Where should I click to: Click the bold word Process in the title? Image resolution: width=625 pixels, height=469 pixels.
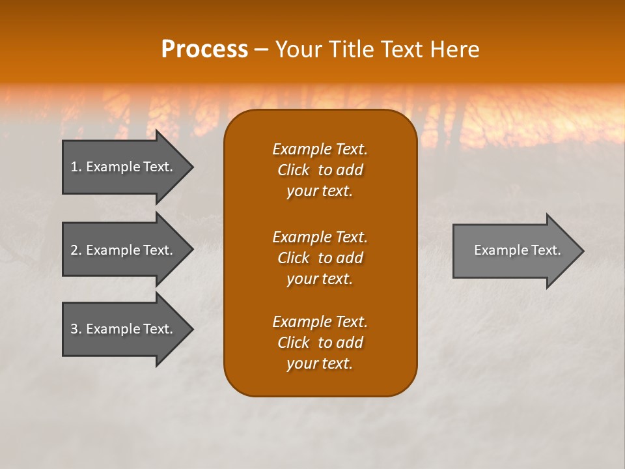click(x=204, y=50)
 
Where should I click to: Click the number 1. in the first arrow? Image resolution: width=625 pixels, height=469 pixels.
click(x=76, y=167)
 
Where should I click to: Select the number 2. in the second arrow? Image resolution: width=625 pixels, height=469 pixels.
click(x=76, y=250)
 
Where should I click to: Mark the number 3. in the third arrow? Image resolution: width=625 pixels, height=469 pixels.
click(x=76, y=329)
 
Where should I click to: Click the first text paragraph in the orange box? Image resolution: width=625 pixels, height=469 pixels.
click(x=320, y=170)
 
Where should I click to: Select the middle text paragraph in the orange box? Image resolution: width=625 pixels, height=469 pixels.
click(x=320, y=258)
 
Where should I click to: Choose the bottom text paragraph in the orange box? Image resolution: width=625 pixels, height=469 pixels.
click(x=320, y=343)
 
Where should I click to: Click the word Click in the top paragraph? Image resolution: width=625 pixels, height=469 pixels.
click(x=293, y=170)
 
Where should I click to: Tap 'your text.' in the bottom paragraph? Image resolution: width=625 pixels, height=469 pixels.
click(x=320, y=363)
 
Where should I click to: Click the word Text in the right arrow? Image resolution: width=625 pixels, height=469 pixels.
click(x=546, y=250)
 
